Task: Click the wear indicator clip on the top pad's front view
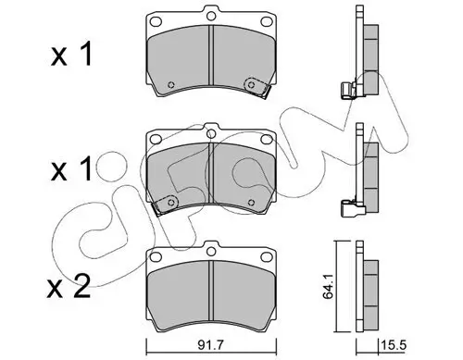253,86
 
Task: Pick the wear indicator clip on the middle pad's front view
167,204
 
